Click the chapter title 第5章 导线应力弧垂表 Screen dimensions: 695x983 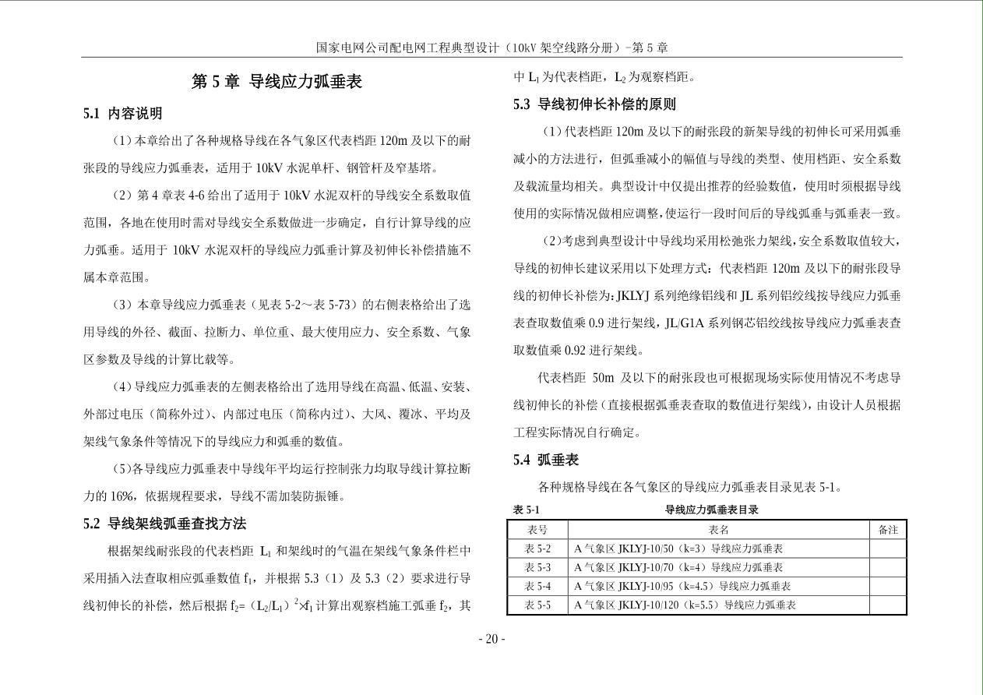[277, 82]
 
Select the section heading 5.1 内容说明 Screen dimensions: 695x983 [122, 114]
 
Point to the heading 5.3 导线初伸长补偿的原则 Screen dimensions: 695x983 [594, 104]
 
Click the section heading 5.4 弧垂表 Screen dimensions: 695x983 [546, 460]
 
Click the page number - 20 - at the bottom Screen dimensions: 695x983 [491, 640]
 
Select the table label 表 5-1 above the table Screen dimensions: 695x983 [526, 510]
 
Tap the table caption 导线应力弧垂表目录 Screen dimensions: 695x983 [711, 510]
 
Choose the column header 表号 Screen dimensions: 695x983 [537, 530]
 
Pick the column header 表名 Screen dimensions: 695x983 [718, 530]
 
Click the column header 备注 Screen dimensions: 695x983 [888, 530]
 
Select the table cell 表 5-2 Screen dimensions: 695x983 [537, 549]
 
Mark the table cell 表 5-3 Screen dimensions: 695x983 [537, 567]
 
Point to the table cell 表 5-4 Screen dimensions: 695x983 [537, 586]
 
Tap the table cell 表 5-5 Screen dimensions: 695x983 [537, 605]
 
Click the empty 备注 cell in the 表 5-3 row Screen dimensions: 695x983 [888, 567]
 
